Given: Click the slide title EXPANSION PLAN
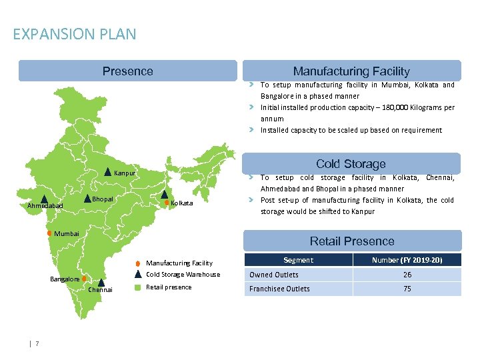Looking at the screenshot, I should click(74, 34).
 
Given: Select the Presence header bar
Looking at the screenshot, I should click(127, 71).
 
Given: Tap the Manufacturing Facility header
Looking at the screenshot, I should click(351, 71).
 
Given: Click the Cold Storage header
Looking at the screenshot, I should click(351, 164).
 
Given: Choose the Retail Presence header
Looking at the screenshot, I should click(352, 241).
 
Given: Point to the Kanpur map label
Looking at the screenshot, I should click(125, 174).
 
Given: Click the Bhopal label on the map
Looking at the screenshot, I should click(103, 199).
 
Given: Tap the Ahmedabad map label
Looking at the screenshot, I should click(45, 207).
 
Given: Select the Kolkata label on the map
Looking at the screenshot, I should click(181, 203).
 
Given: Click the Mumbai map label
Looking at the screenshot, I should click(67, 234).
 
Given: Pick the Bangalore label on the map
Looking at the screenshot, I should click(65, 279).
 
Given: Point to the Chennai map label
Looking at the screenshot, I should click(101, 290).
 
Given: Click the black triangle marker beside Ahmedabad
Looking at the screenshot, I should click(44, 199).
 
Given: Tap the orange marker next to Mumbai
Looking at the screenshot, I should click(49, 233).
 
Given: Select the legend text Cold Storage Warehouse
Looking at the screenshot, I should click(183, 275).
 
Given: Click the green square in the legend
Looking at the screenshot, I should click(137, 287).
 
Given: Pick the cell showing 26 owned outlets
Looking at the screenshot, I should click(407, 275).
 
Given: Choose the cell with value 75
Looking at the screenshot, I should click(407, 289).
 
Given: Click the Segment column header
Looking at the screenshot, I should click(298, 260).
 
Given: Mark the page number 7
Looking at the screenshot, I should click(37, 343).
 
